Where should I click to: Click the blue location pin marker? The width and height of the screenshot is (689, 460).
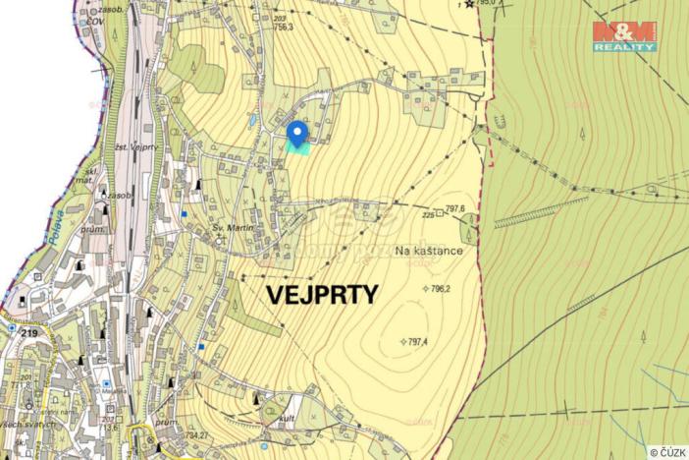point(297,132)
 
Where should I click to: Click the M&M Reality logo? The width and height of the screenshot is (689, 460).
point(624,36)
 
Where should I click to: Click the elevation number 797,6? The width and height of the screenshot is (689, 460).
point(453,208)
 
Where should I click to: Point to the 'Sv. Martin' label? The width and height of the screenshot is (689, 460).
point(234,228)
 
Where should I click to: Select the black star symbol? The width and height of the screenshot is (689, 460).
point(469,4)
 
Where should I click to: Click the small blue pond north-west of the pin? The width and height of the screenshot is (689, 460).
point(253,119)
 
